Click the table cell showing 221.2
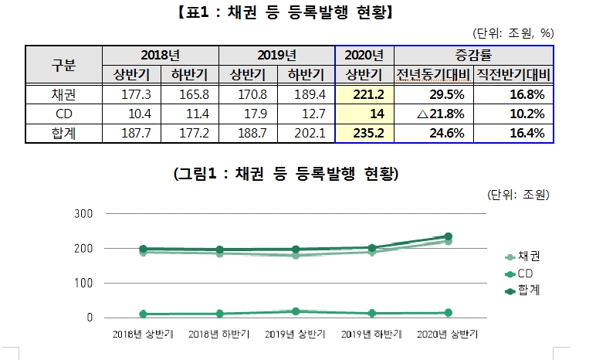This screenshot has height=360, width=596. [x=364, y=94]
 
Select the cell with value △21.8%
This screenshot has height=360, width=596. [x=428, y=114]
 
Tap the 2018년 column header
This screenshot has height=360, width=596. [x=160, y=56]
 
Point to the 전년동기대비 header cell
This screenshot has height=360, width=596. [x=428, y=74]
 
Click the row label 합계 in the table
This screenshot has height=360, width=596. [x=63, y=133]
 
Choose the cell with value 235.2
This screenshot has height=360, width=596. [x=364, y=133]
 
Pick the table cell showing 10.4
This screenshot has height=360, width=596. [x=130, y=114]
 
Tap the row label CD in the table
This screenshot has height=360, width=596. [x=63, y=114]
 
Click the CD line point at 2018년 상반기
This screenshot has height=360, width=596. [x=143, y=314]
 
